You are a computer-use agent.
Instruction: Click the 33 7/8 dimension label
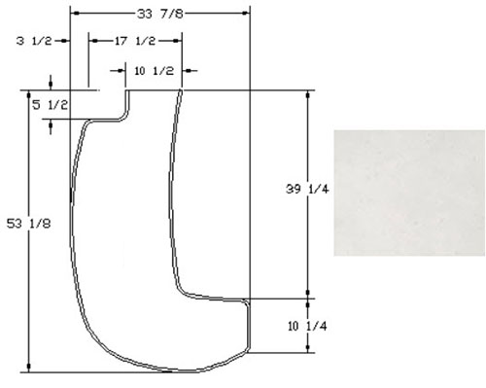(x=160, y=14)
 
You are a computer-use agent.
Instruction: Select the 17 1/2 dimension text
(x=135, y=41)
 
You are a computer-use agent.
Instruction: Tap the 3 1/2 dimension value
(x=34, y=41)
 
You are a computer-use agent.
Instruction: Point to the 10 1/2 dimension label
(x=154, y=71)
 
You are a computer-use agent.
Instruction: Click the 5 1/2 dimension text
(x=51, y=105)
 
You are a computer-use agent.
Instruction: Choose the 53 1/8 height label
(x=29, y=224)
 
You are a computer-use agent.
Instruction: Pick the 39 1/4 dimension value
(x=307, y=189)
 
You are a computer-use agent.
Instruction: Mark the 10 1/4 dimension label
(x=307, y=326)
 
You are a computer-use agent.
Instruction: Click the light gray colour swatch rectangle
(x=409, y=193)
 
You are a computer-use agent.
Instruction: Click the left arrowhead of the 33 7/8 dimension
(x=75, y=14)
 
